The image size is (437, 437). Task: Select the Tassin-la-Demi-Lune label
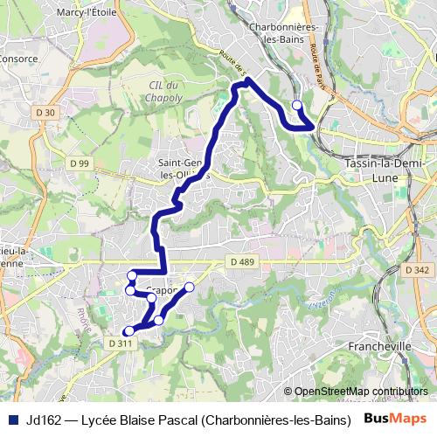click(x=385, y=170)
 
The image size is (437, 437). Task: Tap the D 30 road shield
click(x=46, y=112)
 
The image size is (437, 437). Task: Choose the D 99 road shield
click(x=80, y=163)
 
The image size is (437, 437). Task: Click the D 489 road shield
click(x=243, y=261)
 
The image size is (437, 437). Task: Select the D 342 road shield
click(x=418, y=272)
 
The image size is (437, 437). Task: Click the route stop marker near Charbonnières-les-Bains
click(x=296, y=106)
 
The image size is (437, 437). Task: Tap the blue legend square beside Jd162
click(x=14, y=420)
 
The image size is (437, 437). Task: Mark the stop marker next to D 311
click(x=128, y=331)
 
